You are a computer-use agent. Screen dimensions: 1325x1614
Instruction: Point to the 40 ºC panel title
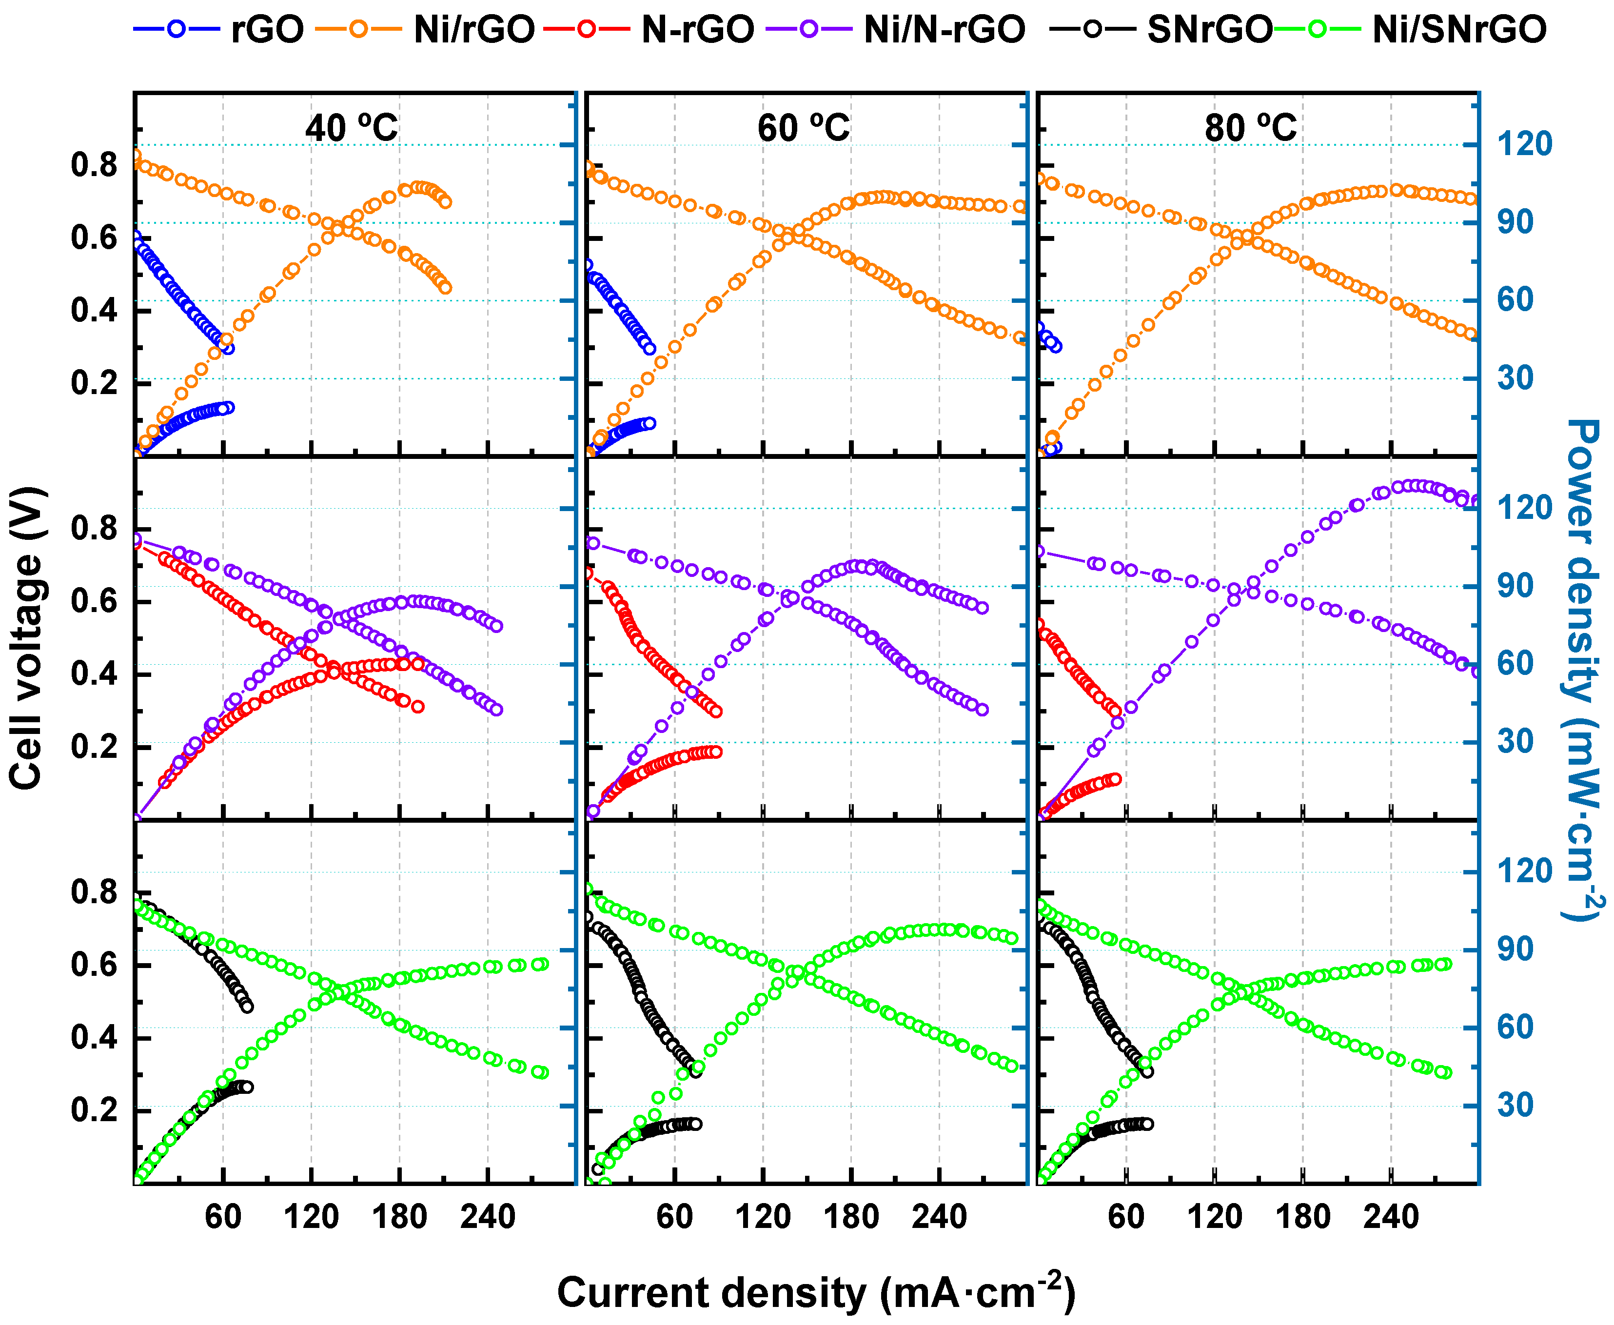(352, 127)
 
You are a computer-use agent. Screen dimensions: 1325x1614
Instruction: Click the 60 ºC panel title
(804, 127)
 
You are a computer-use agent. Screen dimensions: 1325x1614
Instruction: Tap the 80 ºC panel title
(1252, 127)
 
